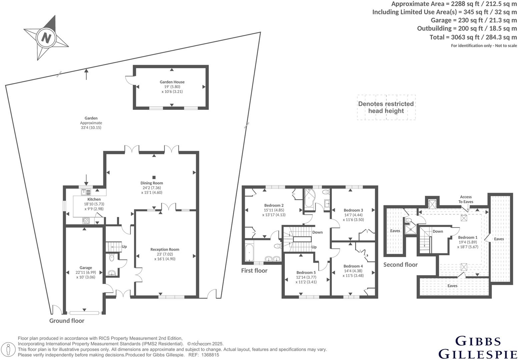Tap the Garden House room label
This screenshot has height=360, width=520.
(172, 82)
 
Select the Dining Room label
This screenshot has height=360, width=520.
(151, 183)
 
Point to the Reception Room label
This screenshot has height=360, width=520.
(165, 249)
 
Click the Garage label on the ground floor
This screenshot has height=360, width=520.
(86, 268)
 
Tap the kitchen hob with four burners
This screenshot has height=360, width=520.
(86, 220)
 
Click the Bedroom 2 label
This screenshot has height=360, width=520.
(274, 205)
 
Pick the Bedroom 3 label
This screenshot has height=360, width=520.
(353, 210)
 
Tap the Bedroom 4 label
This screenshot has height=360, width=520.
(353, 266)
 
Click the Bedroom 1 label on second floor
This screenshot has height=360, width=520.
(468, 237)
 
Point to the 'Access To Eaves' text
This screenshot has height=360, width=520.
(466, 199)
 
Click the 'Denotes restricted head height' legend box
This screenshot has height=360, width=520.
(386, 107)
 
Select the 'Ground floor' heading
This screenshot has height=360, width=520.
(67, 321)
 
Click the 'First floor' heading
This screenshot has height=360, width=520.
(254, 271)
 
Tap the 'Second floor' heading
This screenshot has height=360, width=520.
(400, 265)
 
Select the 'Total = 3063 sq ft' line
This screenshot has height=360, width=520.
(473, 37)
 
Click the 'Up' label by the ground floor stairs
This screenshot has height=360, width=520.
(124, 247)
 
